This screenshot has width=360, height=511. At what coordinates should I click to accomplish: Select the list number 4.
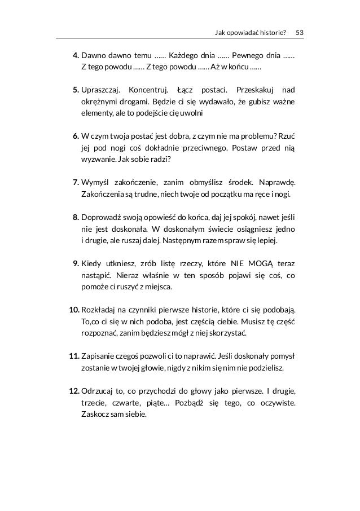point(76,56)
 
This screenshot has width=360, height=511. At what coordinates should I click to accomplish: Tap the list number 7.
point(76,183)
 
